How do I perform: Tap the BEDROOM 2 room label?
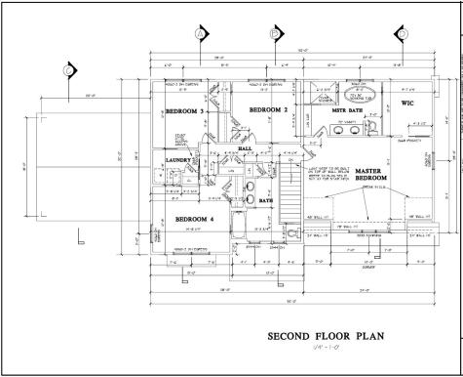coord(268,111)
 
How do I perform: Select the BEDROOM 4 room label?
coord(194,220)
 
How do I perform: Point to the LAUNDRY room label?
coord(178,159)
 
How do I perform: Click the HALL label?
coord(245,148)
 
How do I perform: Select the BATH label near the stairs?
coord(265,201)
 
